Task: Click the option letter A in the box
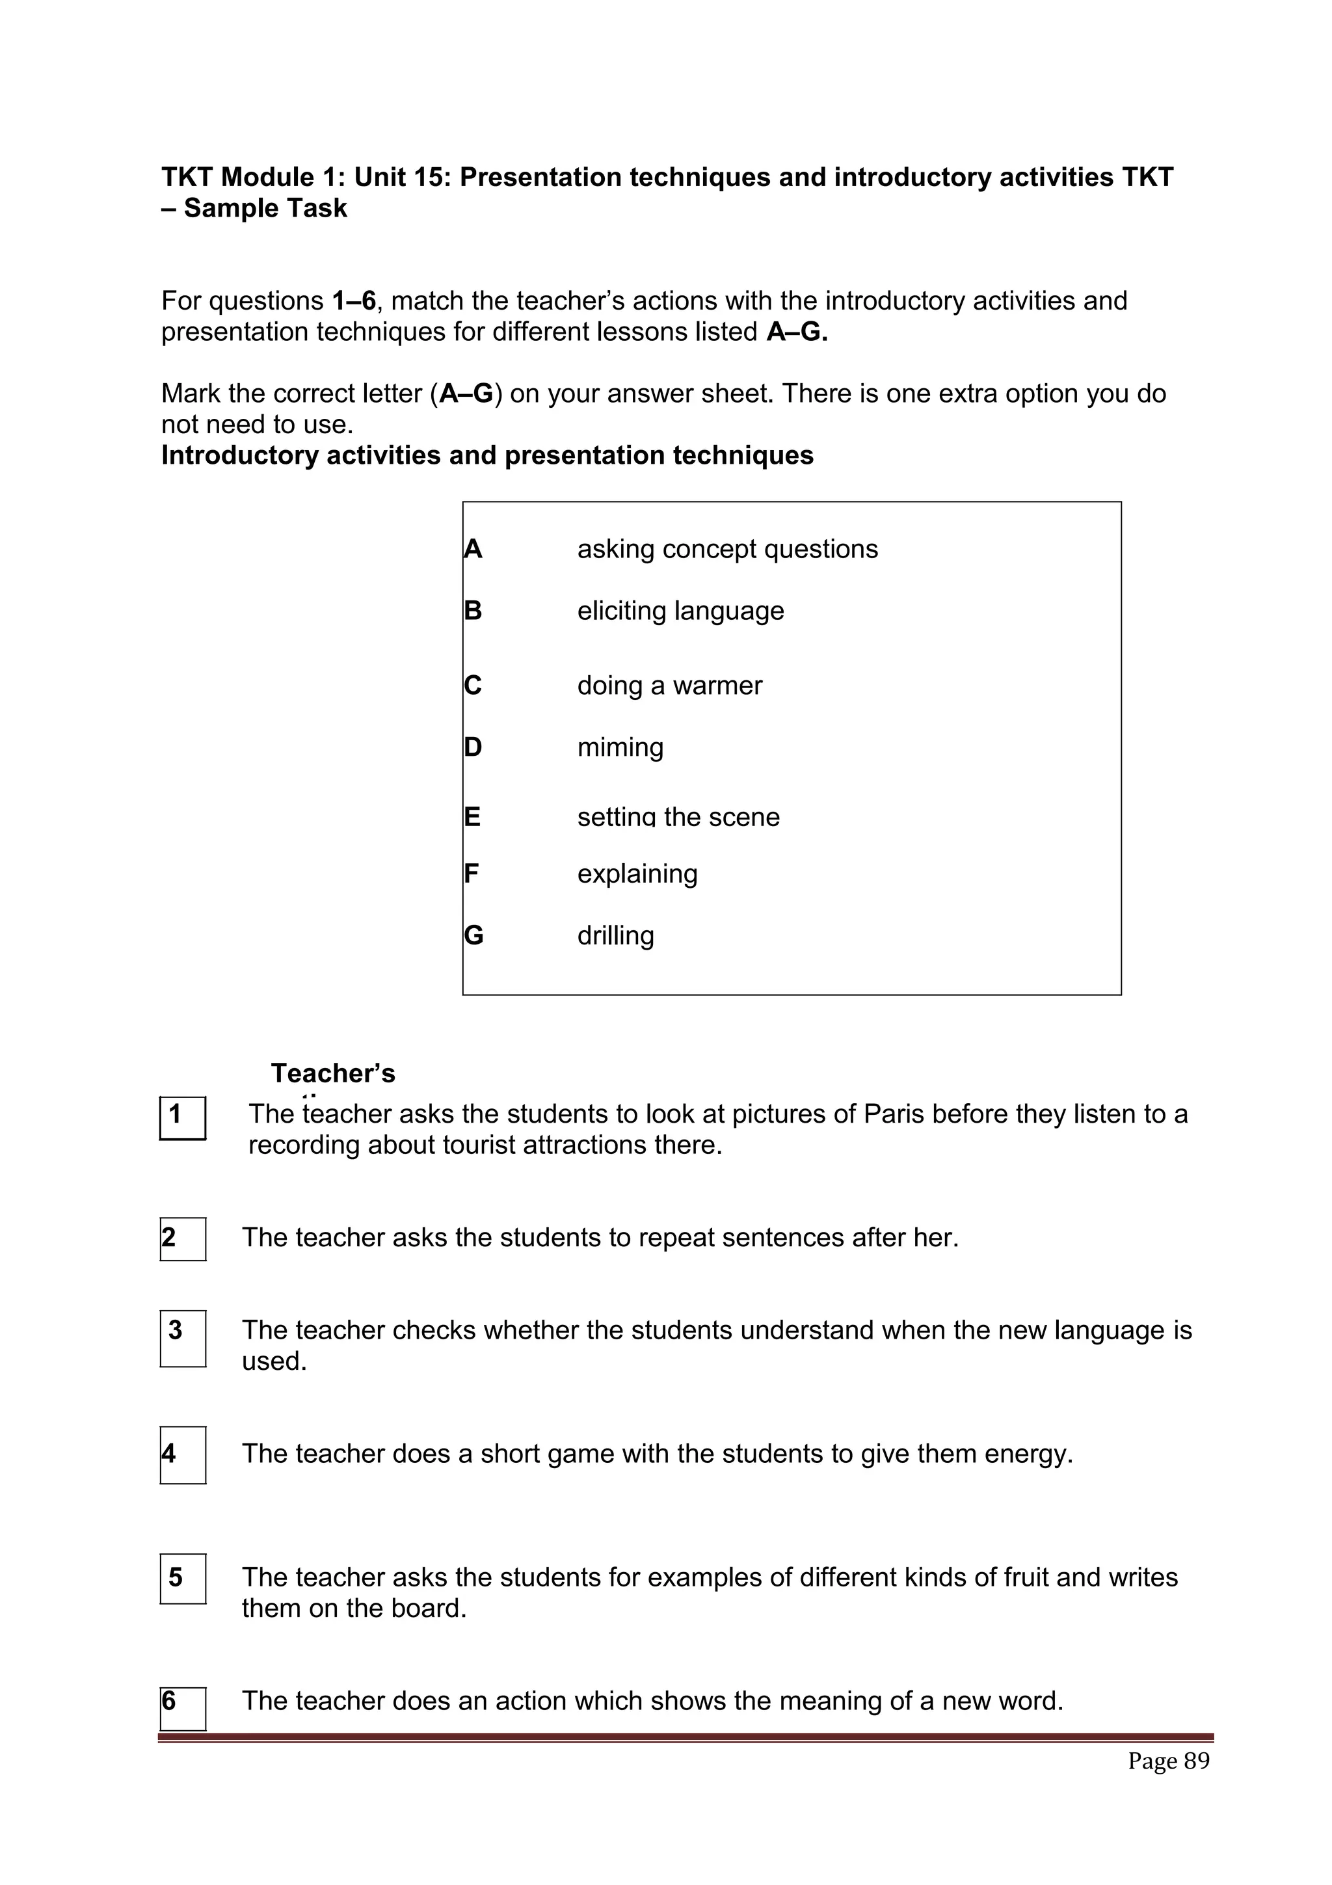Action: point(473,548)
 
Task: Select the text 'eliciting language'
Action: point(680,611)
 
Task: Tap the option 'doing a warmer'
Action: point(669,686)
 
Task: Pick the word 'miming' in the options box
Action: point(620,747)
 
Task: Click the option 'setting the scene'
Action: point(678,817)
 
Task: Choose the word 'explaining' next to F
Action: point(637,874)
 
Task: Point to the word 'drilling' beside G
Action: point(615,935)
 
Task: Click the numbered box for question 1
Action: point(182,1117)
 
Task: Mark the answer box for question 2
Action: point(182,1238)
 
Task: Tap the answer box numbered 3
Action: point(182,1337)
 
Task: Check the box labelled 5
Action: point(182,1578)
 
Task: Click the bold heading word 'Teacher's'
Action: point(333,1073)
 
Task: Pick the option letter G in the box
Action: point(473,935)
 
